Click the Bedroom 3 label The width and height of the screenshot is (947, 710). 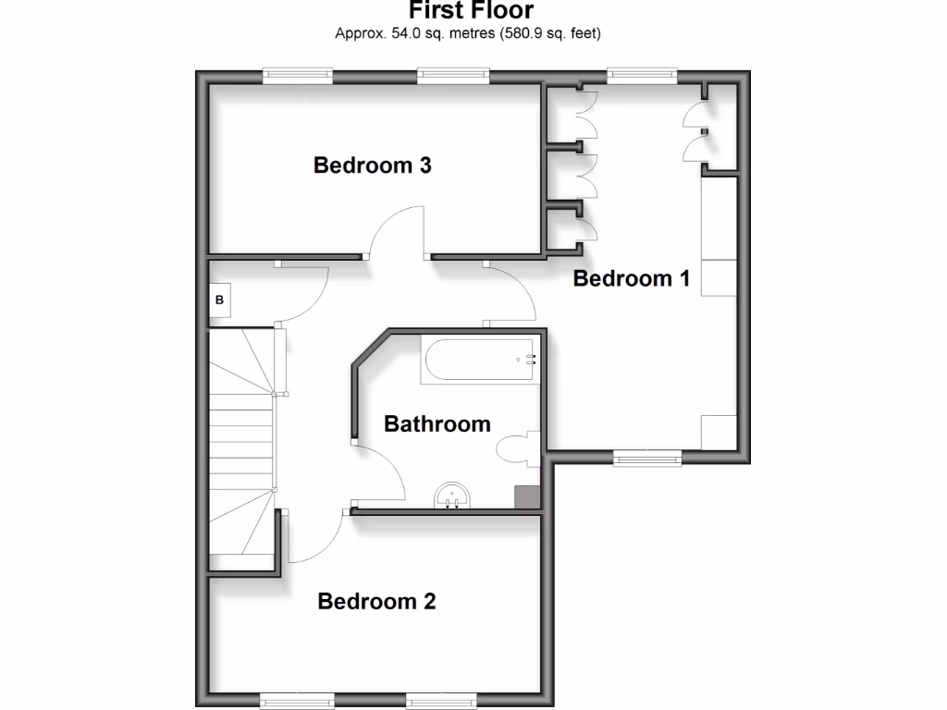pos(373,166)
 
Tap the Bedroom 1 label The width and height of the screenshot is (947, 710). pos(632,278)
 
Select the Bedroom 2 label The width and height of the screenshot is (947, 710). pos(376,602)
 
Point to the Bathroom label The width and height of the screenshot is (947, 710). pos(437,424)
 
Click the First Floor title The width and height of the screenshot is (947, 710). pos(471,11)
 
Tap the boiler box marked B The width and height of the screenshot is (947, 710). pos(219,300)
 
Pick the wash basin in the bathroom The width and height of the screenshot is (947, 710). pos(453,496)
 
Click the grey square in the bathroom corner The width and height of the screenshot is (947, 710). pos(527,496)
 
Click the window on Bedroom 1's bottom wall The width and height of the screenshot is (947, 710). pos(647,456)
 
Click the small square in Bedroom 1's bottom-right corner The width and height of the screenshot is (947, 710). pos(719,432)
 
